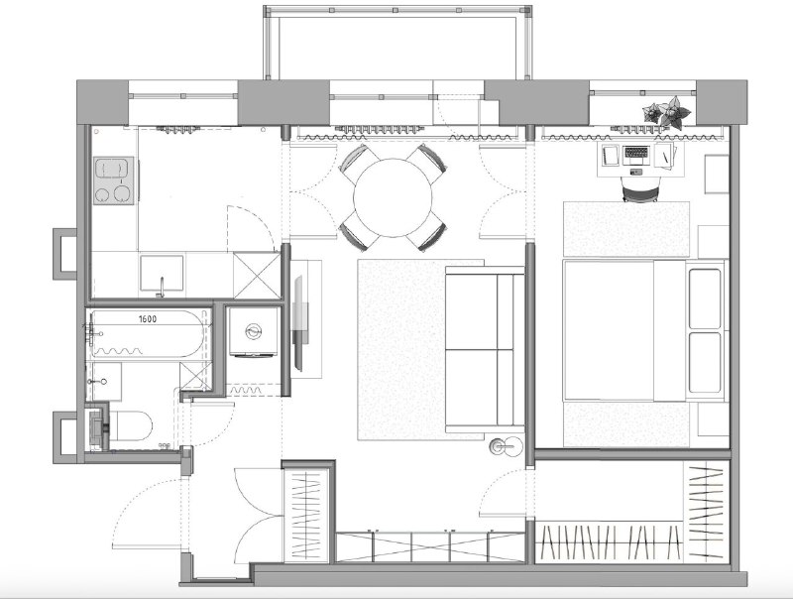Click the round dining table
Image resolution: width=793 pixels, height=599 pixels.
(x=393, y=197)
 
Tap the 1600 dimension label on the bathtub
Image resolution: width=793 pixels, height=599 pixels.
(x=148, y=318)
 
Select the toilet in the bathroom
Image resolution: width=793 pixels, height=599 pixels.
(x=130, y=426)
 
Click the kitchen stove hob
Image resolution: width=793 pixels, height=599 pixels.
(x=114, y=180)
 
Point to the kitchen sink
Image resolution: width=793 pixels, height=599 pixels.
(x=162, y=273)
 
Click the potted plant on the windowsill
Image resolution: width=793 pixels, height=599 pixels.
(x=667, y=113)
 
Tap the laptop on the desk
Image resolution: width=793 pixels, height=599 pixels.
(x=636, y=156)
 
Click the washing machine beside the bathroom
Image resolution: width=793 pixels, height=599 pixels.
(x=254, y=332)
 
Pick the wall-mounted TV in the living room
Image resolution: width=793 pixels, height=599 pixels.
(x=299, y=323)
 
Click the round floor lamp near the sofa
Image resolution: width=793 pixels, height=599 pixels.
(x=506, y=446)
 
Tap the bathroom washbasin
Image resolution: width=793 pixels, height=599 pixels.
(x=105, y=382)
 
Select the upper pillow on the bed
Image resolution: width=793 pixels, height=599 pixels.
(x=705, y=299)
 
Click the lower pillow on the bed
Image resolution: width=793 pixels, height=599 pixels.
(x=705, y=362)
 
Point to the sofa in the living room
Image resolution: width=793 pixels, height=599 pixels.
(x=485, y=349)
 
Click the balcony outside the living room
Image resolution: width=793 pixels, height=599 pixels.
(x=397, y=43)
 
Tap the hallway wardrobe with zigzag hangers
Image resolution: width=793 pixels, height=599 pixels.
(x=307, y=515)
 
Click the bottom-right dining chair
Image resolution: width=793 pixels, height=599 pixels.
(x=428, y=232)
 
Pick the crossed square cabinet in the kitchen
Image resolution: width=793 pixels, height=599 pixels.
(x=257, y=276)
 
